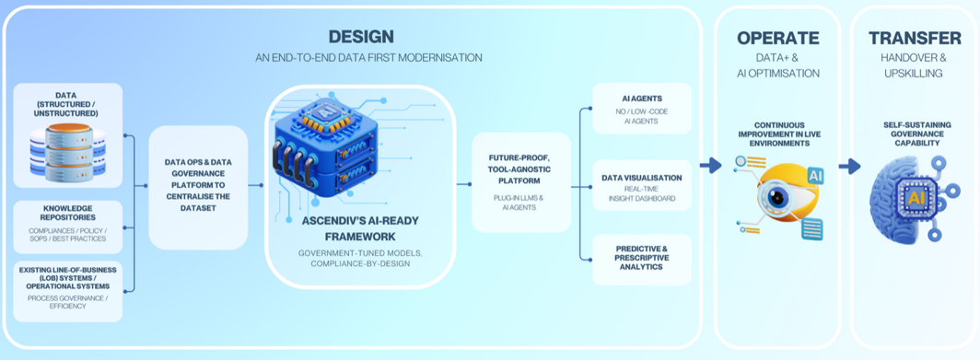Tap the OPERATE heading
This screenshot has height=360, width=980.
(x=777, y=38)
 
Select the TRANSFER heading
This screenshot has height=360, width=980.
(x=915, y=38)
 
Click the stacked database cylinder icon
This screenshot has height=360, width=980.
(x=68, y=150)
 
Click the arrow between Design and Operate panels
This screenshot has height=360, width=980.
(x=710, y=165)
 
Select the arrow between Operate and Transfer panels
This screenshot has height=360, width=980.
(x=849, y=167)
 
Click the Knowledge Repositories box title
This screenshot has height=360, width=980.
(x=68, y=213)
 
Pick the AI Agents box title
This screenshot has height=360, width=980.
(x=642, y=99)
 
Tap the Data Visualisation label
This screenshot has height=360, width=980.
(x=642, y=178)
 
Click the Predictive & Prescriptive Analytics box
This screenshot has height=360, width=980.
(x=642, y=260)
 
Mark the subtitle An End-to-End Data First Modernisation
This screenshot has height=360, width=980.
(x=368, y=57)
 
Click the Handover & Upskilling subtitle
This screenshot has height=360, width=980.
(x=915, y=65)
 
